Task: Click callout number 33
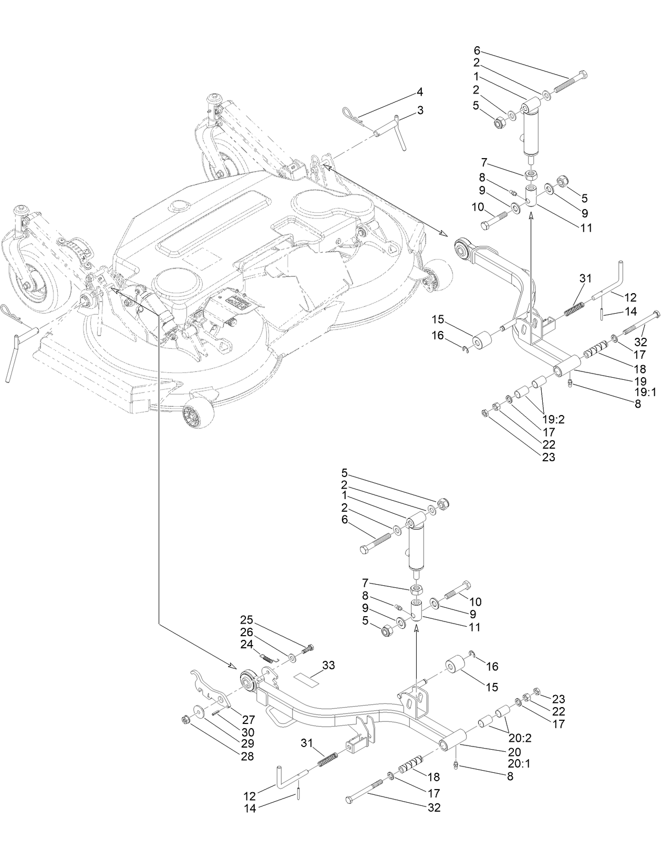point(328,665)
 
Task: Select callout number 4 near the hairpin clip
point(420,92)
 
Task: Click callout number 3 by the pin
point(420,110)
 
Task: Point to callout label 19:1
point(646,391)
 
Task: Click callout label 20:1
point(519,763)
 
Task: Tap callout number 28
point(246,757)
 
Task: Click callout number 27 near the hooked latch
point(247,719)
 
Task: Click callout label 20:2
point(520,738)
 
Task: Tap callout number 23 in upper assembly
point(548,457)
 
